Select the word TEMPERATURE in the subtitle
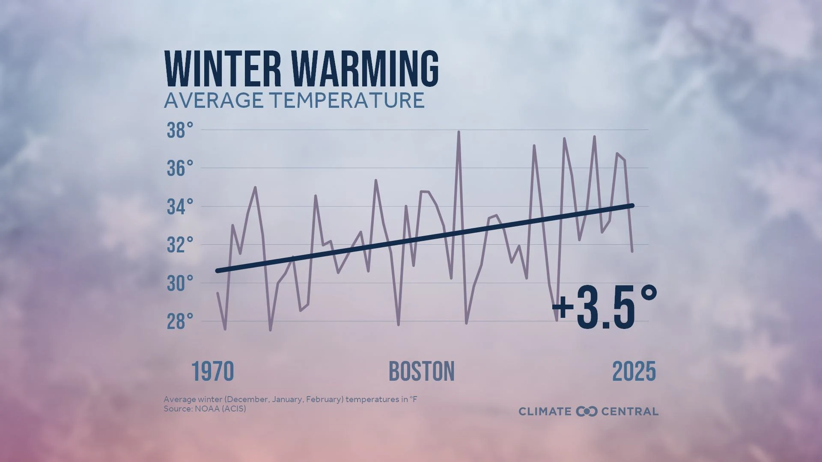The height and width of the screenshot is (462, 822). point(347,101)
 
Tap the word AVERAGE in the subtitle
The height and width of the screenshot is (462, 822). point(214,101)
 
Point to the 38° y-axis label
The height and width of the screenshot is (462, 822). point(180,130)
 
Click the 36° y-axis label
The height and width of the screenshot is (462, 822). point(180,169)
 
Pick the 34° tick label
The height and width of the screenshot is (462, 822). point(180,207)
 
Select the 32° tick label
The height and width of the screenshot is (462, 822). point(180,245)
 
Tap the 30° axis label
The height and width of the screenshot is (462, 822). point(180,283)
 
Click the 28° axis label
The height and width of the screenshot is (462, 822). point(180,322)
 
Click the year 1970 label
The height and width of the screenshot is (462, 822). point(212,371)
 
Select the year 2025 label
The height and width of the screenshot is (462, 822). point(634,371)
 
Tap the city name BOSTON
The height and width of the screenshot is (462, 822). point(421,371)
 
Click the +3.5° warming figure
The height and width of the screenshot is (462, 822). point(605,307)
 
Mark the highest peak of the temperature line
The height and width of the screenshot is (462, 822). point(459,132)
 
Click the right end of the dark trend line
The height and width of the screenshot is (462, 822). point(632,206)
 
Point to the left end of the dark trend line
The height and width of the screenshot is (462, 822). point(218,271)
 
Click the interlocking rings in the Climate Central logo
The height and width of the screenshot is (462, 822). point(586,412)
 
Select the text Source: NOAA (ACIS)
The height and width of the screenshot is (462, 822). point(205,409)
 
